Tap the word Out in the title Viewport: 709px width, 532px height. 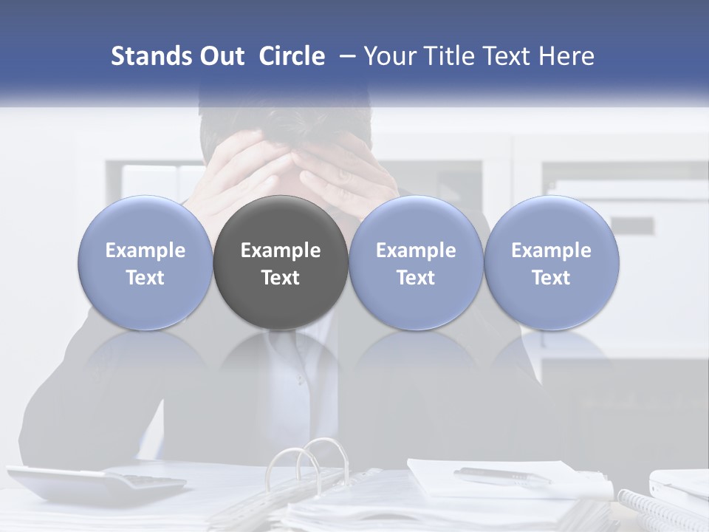tap(219, 56)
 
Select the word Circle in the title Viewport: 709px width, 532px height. tap(292, 56)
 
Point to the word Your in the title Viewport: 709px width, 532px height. tap(388, 56)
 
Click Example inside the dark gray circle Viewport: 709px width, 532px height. tap(281, 250)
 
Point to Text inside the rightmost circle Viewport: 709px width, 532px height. tap(552, 278)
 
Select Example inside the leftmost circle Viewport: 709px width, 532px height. tap(145, 250)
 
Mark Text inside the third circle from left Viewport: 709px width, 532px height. tap(416, 278)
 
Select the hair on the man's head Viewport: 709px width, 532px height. tap(288, 122)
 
